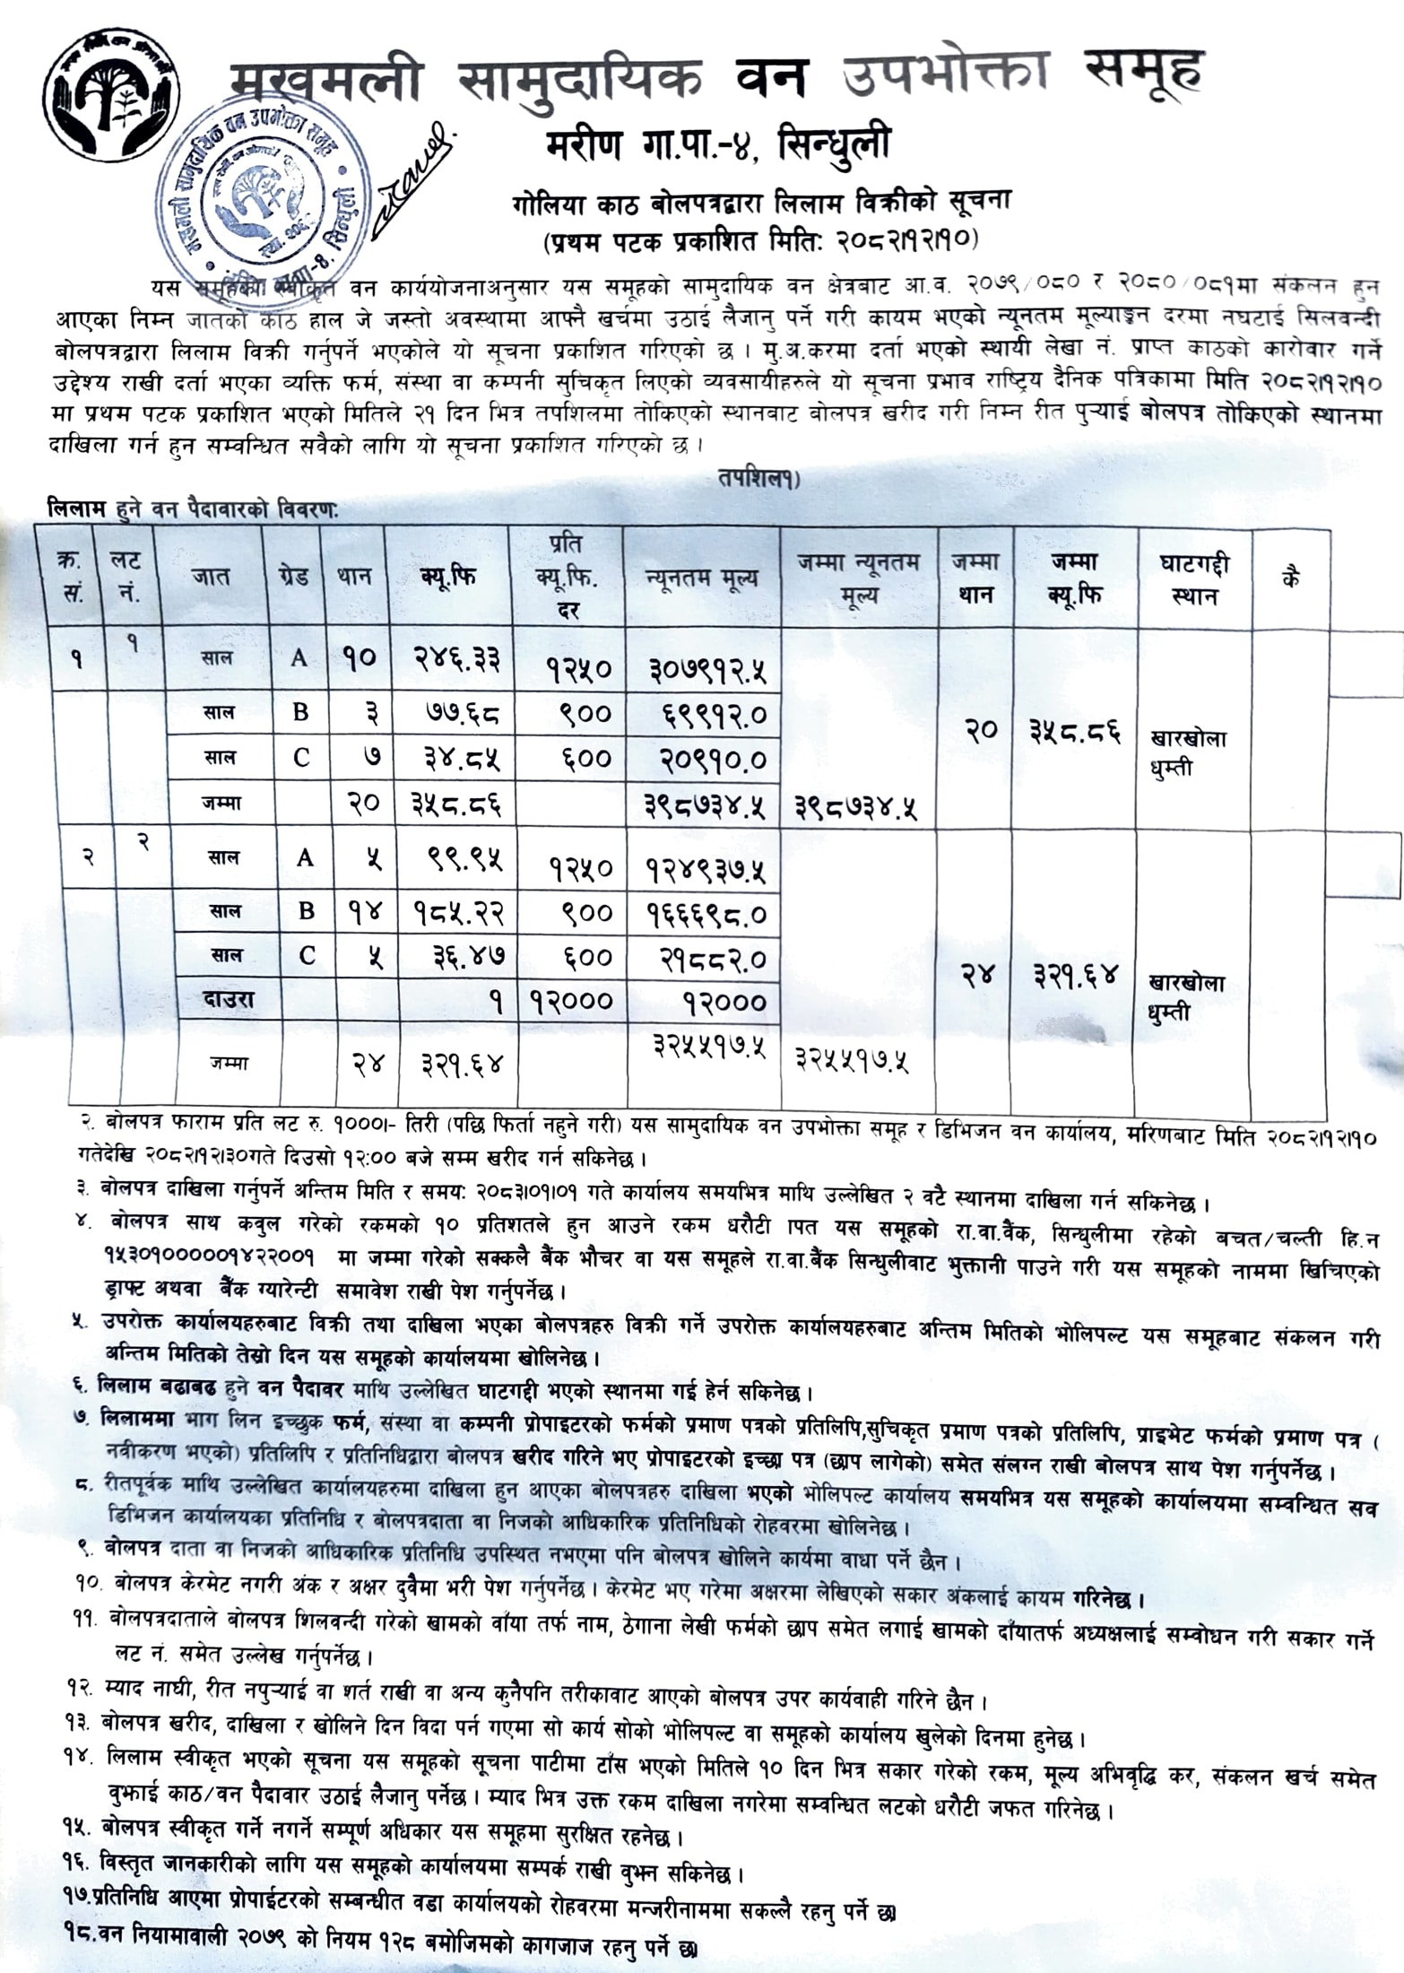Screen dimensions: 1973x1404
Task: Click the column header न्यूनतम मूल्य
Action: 702,577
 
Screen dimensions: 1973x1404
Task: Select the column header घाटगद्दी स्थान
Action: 1194,578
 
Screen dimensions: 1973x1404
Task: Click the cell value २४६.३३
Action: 455,659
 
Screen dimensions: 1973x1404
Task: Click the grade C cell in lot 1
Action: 300,759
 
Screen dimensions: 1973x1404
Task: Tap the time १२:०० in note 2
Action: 368,1160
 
